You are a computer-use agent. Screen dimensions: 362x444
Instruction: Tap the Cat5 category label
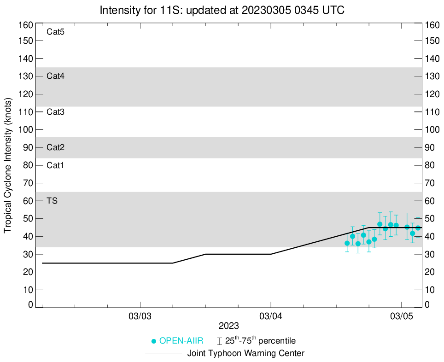coord(55,32)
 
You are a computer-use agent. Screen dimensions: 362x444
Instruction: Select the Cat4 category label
coord(55,76)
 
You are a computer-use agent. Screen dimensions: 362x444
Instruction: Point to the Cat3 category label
coord(55,112)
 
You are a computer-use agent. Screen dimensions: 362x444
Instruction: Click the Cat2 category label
coord(55,147)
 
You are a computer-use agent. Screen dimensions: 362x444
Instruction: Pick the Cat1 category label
coord(55,165)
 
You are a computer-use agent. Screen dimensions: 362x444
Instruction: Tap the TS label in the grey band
coord(52,201)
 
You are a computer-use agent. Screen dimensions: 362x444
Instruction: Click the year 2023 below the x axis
coord(229,326)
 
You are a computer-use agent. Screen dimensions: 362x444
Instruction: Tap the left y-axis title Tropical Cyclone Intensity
coord(7,165)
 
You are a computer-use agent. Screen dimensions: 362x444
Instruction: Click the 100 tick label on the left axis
coord(26,129)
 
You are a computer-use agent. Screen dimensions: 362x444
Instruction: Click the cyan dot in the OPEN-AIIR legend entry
coord(154,341)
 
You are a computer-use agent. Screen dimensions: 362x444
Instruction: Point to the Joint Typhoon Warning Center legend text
coord(246,354)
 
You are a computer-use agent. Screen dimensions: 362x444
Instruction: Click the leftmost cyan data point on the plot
coord(347,243)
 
